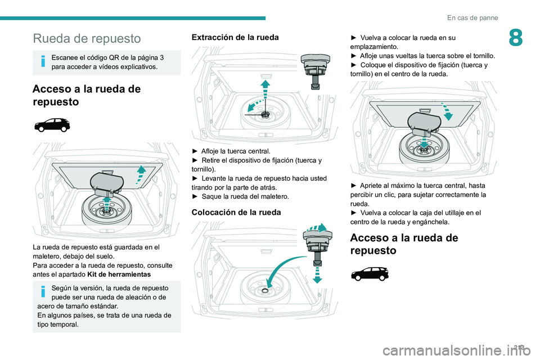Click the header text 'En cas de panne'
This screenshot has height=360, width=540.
(x=472, y=17)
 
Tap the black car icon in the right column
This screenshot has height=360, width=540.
(x=369, y=273)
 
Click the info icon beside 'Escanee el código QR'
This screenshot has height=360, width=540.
(x=43, y=62)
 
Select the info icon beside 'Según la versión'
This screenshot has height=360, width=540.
(x=43, y=292)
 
